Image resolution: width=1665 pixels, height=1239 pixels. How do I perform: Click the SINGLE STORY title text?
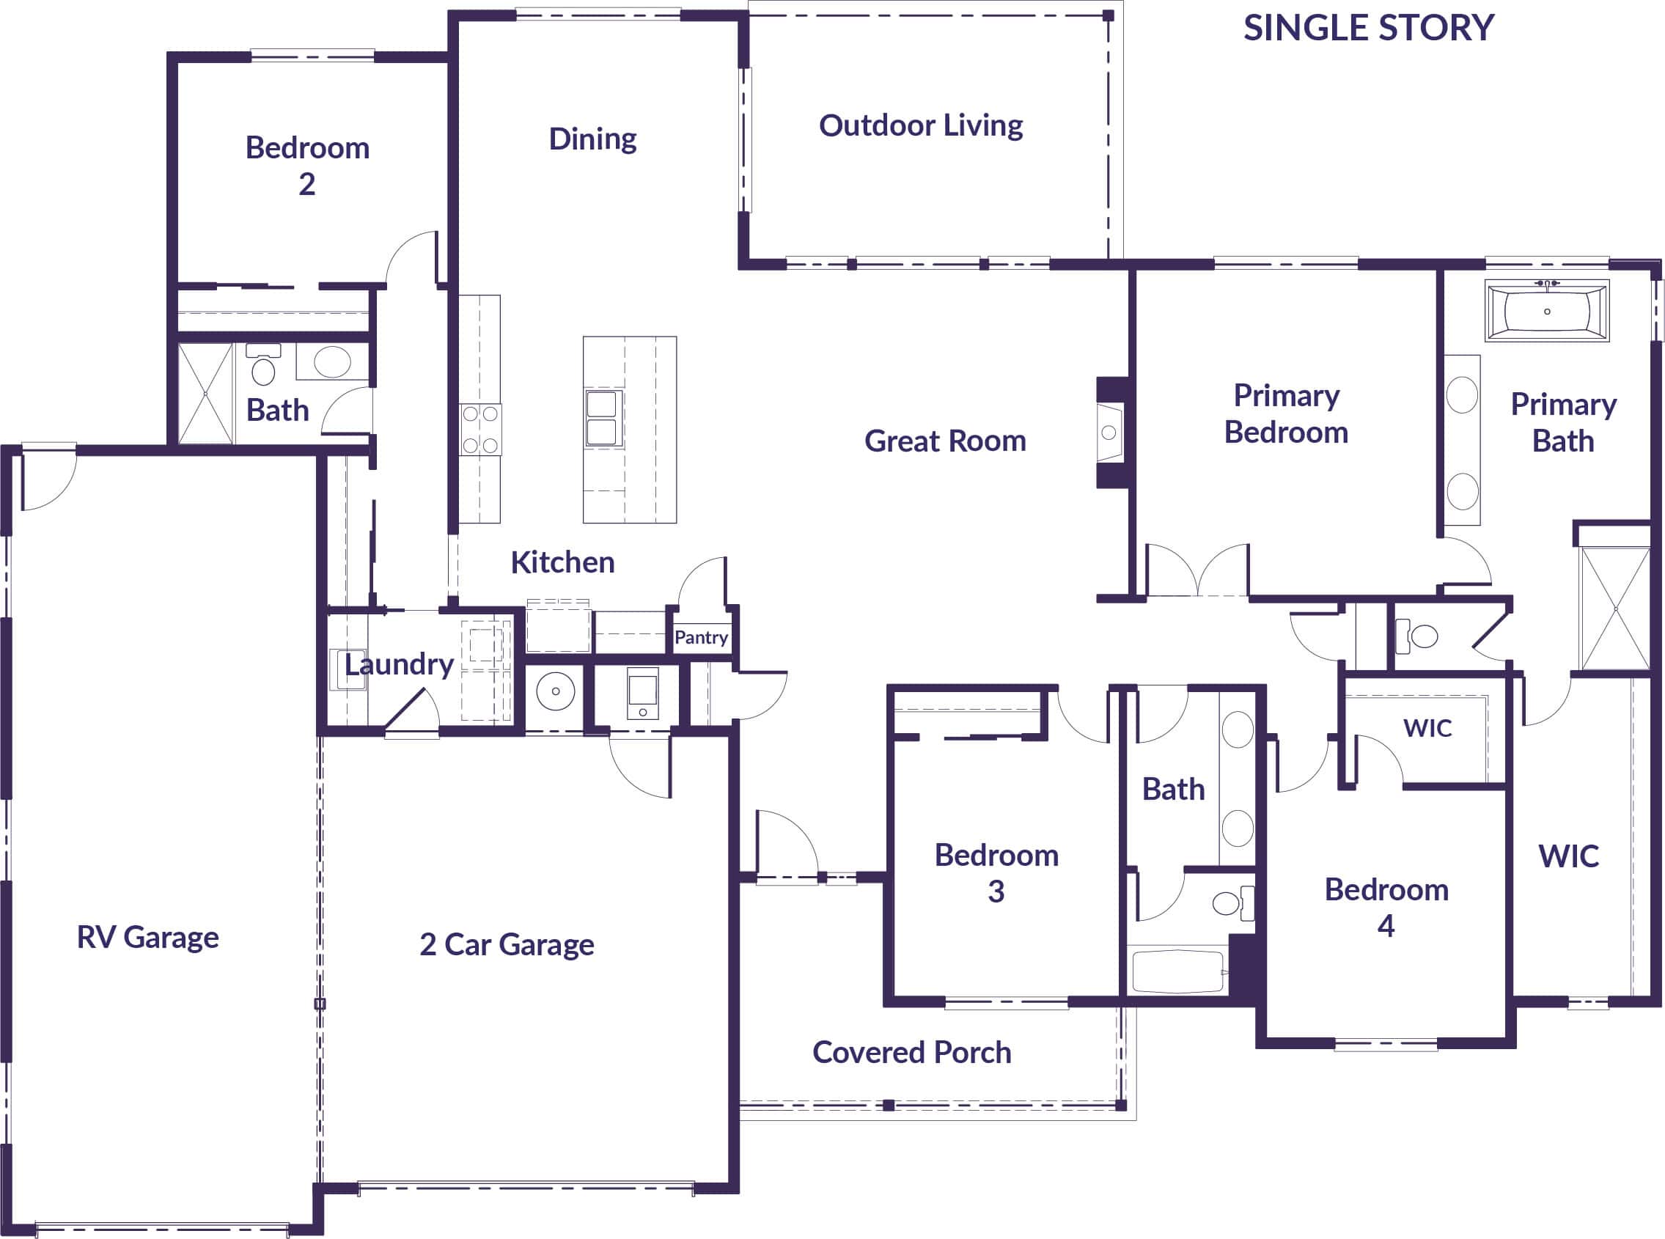pyautogui.click(x=1368, y=29)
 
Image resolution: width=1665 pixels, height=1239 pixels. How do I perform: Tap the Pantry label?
pyautogui.click(x=700, y=638)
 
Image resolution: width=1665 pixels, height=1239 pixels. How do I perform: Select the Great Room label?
pyautogui.click(x=945, y=441)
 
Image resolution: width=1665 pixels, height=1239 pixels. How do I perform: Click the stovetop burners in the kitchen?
pyautogui.click(x=480, y=430)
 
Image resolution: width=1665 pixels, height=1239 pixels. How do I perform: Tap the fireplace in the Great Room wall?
pyautogui.click(x=1110, y=433)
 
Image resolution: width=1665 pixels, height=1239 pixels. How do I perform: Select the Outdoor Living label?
pyautogui.click(x=920, y=125)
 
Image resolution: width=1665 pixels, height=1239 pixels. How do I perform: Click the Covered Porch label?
pyautogui.click(x=911, y=1052)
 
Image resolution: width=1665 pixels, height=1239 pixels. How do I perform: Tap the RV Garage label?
pyautogui.click(x=148, y=937)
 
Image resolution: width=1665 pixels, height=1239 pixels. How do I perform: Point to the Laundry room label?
pyautogui.click(x=398, y=664)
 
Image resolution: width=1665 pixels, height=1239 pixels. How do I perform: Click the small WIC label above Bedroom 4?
pyautogui.click(x=1427, y=727)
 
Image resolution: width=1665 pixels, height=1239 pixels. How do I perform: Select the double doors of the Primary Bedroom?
pyautogui.click(x=1198, y=574)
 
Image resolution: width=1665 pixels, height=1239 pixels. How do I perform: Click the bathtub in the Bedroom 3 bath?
pyautogui.click(x=1177, y=972)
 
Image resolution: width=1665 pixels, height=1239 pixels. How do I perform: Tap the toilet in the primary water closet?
pyautogui.click(x=1416, y=637)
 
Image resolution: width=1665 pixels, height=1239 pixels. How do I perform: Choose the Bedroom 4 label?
pyautogui.click(x=1386, y=908)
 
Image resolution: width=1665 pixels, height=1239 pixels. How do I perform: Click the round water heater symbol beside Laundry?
pyautogui.click(x=556, y=691)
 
